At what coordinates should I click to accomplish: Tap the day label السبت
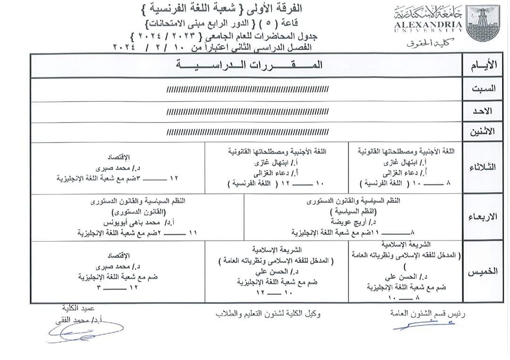tap(484, 89)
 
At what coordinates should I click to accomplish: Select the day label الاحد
tap(485, 111)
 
